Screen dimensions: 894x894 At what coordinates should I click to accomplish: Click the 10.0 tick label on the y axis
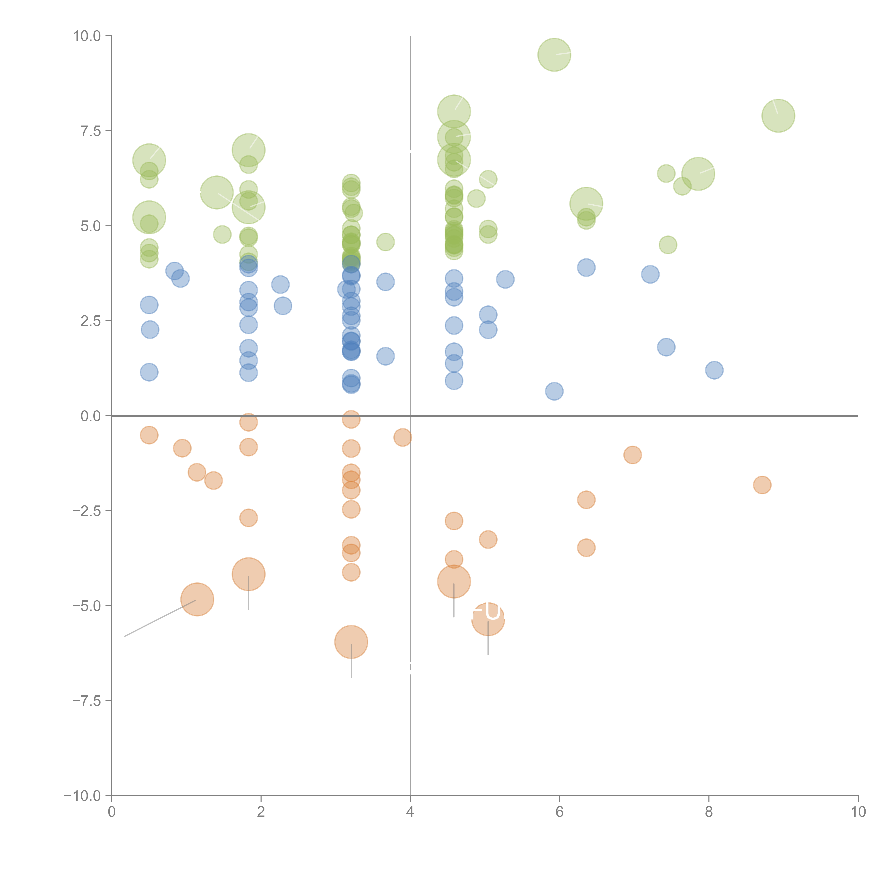pos(87,36)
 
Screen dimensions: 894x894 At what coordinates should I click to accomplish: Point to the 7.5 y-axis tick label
pos(91,131)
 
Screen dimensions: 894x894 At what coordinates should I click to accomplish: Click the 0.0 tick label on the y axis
pos(91,416)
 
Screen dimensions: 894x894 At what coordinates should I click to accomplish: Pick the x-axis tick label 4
pos(410,812)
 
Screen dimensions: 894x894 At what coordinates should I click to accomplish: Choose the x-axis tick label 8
pos(708,812)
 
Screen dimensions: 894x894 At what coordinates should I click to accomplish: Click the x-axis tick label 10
pos(858,812)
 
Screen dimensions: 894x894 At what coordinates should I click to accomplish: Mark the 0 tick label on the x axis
pos(112,812)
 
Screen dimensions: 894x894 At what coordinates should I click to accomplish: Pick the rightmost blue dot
pos(714,370)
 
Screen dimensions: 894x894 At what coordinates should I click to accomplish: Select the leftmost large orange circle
pos(197,600)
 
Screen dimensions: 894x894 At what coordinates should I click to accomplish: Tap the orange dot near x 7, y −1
pos(632,455)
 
